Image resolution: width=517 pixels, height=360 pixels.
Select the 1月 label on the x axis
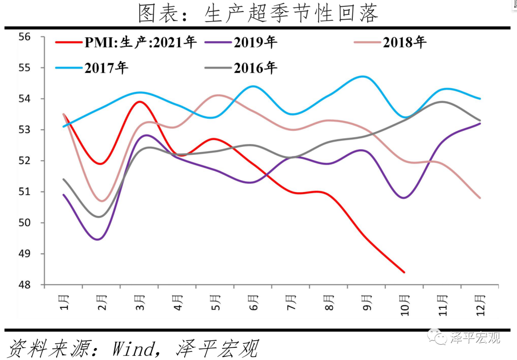click(64, 302)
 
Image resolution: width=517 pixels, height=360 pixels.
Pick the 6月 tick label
click(253, 302)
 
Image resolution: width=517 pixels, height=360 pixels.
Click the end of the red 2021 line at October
click(405, 272)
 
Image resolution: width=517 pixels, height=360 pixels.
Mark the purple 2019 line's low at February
click(98, 239)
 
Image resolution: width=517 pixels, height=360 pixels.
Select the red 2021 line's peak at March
click(139, 101)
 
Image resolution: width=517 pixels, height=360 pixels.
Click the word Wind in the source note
click(133, 348)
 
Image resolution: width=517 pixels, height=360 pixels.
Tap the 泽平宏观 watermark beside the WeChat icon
click(475, 337)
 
